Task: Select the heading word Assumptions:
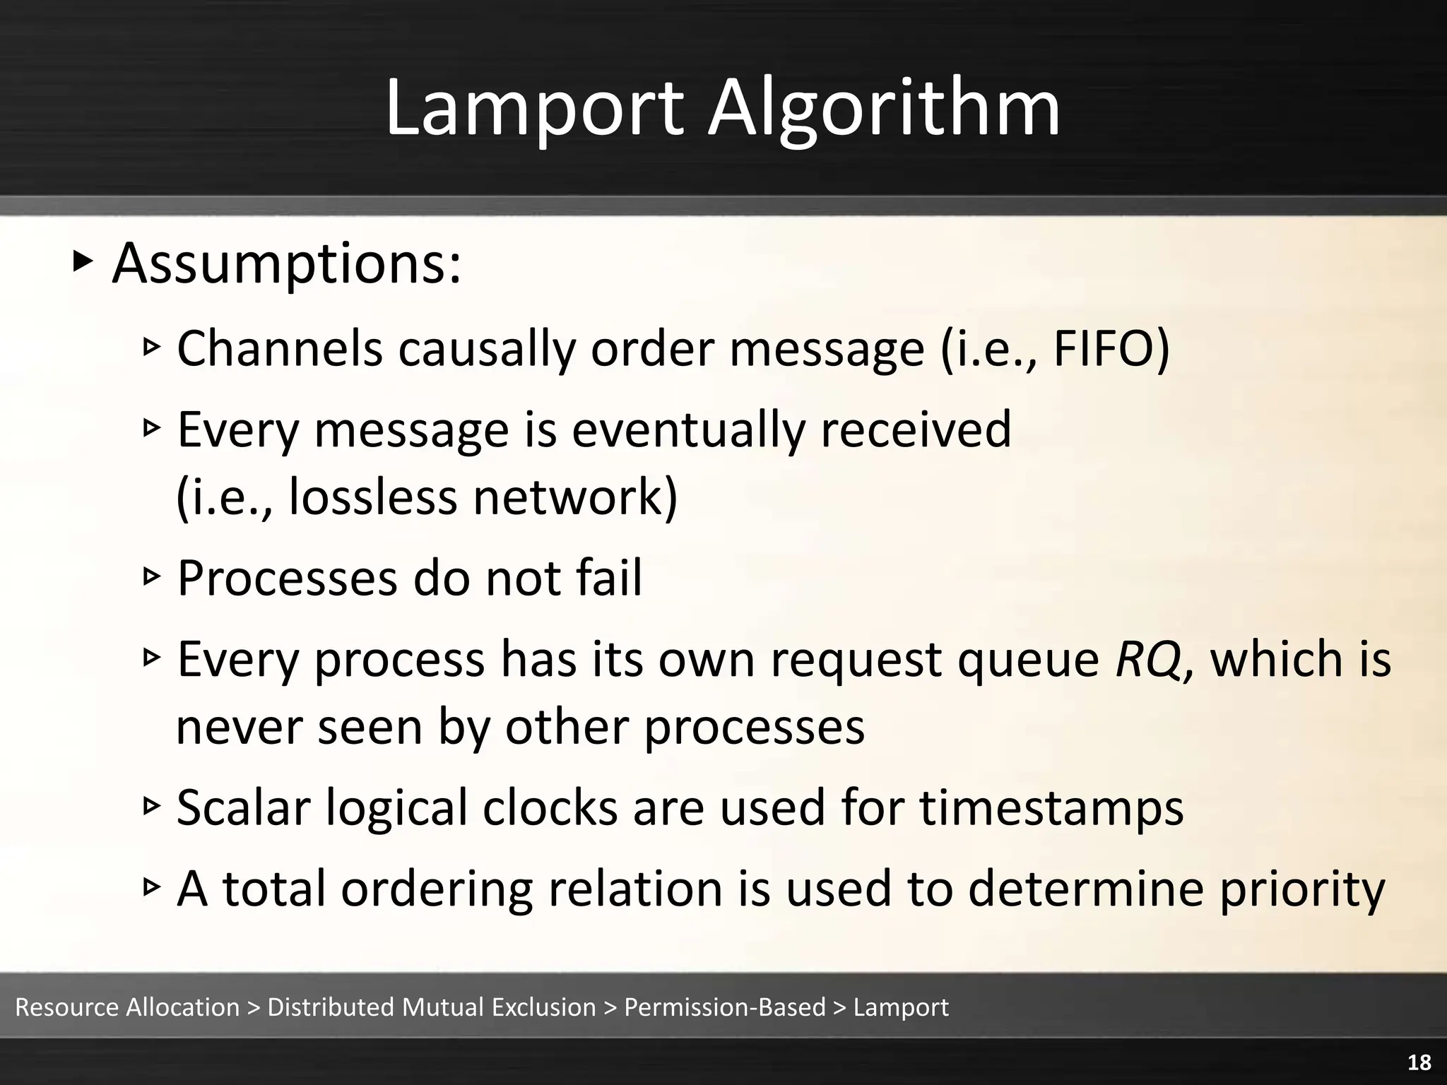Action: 287,264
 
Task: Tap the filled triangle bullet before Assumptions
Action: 83,262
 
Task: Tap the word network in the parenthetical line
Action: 575,497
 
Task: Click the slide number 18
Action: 1419,1062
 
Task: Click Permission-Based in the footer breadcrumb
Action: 724,1007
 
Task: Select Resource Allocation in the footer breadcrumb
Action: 128,1007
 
